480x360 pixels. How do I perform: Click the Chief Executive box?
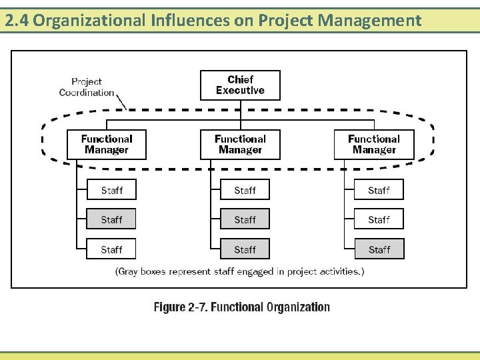point(240,85)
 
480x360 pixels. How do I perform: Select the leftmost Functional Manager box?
point(107,144)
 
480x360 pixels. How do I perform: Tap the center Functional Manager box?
point(240,144)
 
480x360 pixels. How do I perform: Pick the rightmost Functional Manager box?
point(373,144)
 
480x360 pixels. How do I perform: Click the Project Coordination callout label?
point(87,87)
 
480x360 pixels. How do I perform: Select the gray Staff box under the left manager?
point(111,219)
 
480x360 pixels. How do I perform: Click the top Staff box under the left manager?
point(111,190)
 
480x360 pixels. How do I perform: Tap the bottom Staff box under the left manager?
point(111,249)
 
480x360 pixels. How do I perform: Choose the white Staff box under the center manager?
point(245,190)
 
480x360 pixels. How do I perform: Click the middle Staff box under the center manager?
point(245,219)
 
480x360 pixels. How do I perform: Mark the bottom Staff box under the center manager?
point(245,249)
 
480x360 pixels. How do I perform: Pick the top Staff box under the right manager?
point(379,190)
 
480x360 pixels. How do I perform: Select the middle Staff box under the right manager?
point(379,219)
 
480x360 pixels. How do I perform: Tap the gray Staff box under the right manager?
point(379,249)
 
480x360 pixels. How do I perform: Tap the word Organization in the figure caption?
point(298,307)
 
